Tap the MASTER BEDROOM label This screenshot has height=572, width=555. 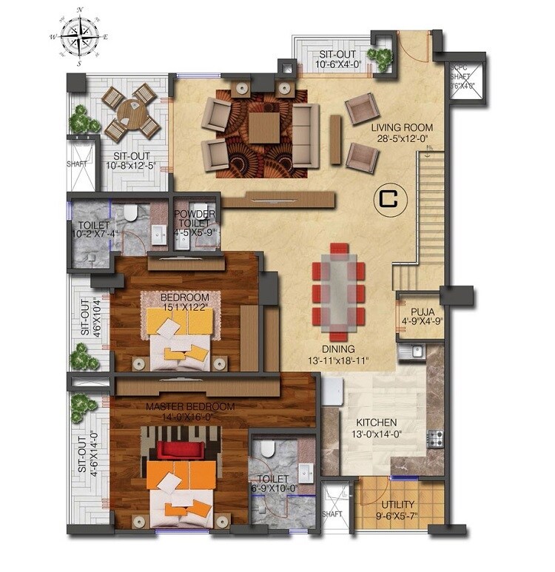coord(190,407)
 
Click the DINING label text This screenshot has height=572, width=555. coord(337,349)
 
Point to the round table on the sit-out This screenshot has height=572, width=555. coord(131,113)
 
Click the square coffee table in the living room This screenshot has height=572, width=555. coord(263,127)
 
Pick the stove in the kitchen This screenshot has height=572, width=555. coord(436,438)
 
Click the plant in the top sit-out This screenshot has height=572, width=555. coord(383,58)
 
